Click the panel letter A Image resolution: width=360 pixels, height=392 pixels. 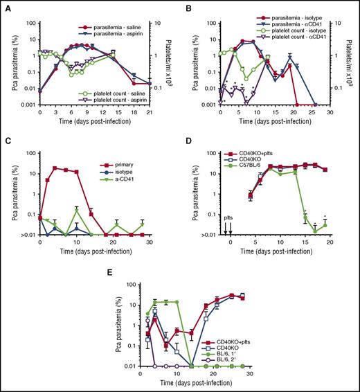(x=6, y=5)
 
